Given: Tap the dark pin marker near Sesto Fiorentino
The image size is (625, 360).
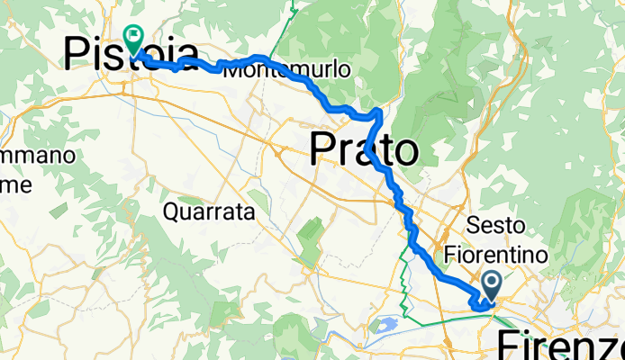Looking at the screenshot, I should [492, 286].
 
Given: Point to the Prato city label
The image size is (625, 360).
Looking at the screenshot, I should [364, 150].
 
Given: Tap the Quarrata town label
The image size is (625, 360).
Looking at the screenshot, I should [210, 212].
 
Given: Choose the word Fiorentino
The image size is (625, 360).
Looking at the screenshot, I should [496, 256].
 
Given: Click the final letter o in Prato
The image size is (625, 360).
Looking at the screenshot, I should [406, 152].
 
